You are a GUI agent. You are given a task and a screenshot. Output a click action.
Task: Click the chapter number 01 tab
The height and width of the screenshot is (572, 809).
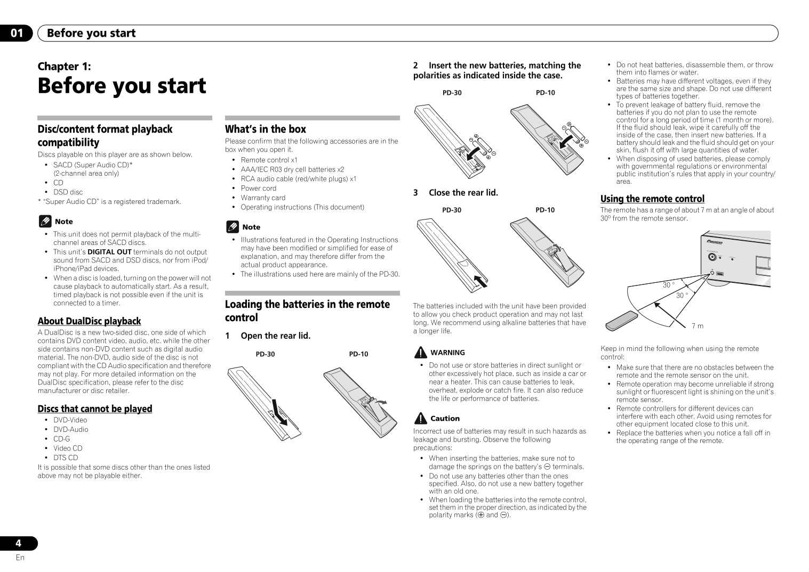point(17,33)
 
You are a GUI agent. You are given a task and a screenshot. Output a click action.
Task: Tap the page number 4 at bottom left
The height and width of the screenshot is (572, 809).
point(18,543)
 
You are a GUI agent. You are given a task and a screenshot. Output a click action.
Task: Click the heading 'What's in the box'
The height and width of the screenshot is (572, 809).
point(265,129)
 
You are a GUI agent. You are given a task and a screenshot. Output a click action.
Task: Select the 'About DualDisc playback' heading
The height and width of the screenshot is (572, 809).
point(89,321)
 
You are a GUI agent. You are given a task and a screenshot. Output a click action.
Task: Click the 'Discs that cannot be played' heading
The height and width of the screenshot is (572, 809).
point(94,408)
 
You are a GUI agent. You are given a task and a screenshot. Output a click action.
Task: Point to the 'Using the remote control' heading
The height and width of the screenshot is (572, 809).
point(652,199)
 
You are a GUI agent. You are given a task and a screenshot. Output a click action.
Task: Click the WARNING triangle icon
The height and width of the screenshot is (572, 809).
point(420,353)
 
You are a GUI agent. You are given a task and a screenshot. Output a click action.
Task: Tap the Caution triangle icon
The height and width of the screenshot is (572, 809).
point(420,419)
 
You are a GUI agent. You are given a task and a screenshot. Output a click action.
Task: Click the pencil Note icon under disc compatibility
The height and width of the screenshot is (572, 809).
point(45,222)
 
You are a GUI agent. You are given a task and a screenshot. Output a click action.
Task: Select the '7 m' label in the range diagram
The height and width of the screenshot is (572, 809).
point(697,326)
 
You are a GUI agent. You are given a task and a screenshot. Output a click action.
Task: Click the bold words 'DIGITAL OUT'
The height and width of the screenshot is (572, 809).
point(109,252)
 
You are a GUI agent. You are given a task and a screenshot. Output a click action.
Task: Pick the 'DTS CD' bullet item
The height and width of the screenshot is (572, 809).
point(66,457)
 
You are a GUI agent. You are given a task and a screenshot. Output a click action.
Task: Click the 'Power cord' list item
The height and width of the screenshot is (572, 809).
point(259,188)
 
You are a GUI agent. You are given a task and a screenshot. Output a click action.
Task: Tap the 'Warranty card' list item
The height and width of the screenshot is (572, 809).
point(263,198)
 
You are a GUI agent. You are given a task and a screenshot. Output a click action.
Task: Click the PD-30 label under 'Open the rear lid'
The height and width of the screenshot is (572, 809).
point(265,354)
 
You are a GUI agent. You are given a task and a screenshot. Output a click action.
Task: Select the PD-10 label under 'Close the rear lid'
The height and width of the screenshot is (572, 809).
point(545,210)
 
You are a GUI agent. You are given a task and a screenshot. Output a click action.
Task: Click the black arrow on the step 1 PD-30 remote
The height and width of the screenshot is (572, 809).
point(279,412)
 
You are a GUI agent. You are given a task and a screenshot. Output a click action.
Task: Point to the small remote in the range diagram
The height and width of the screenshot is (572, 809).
point(621,321)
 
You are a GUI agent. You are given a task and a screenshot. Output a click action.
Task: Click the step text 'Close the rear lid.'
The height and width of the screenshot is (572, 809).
point(463,193)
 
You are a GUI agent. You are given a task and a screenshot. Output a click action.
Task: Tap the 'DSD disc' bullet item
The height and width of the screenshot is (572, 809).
point(68,192)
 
